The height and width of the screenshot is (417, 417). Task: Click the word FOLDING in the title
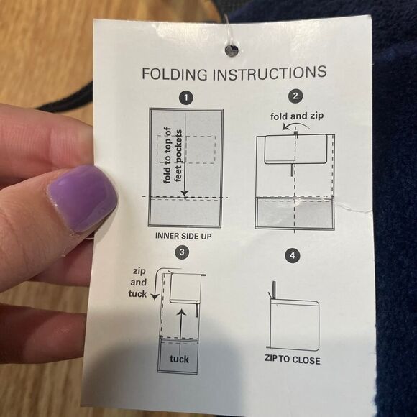pos(175,74)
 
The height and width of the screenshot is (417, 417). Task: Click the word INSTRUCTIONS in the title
pos(270,73)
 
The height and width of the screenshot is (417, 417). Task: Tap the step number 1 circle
pos(186,98)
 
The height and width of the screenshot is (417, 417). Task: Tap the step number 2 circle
pos(295,96)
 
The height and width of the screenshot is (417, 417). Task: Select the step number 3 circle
pos(182,252)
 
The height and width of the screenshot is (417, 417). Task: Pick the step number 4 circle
pos(293,255)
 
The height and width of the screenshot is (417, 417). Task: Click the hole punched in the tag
pos(232,50)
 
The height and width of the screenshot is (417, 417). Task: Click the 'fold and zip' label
pos(297,116)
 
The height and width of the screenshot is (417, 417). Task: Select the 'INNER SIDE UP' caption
pos(183,236)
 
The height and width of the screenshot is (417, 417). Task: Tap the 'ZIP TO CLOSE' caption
pos(293,359)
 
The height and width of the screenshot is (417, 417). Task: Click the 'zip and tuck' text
pos(138,283)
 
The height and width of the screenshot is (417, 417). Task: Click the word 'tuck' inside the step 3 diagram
pos(179,359)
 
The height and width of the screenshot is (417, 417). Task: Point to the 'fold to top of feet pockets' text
pos(173,156)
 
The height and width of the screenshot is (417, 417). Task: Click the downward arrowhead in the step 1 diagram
pos(185,194)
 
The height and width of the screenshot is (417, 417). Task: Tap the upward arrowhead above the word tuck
pos(181,312)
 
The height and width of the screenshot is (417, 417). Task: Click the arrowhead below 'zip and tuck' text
pos(155,296)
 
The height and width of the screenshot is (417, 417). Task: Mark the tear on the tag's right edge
pos(354,208)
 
